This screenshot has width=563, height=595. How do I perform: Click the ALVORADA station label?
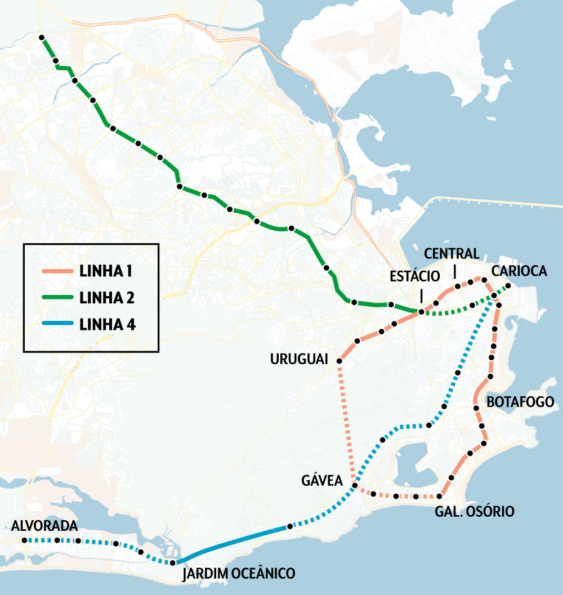(44, 526)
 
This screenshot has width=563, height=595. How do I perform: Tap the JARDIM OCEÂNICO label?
(239, 574)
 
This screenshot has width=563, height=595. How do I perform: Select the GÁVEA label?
(322, 480)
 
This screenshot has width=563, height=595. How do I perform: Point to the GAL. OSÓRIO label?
(475, 511)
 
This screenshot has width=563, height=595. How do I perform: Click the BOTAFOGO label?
(520, 402)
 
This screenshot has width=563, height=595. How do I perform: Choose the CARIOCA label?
(519, 271)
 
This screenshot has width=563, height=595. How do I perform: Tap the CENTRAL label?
(452, 253)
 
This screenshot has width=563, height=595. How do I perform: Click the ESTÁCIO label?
(414, 276)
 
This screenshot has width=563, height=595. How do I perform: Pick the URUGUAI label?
(299, 359)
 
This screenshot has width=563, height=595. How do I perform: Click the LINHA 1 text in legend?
(106, 272)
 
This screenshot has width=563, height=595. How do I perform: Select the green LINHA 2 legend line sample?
(57, 297)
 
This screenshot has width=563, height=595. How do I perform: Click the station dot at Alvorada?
(24, 540)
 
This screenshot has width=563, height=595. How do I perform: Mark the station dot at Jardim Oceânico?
(172, 563)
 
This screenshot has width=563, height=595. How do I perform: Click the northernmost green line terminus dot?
(42, 38)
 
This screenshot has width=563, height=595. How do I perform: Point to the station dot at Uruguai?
(339, 360)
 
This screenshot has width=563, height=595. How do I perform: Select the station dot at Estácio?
(421, 311)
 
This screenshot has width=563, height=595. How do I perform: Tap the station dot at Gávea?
(354, 485)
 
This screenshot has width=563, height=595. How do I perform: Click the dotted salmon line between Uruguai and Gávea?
(346, 422)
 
